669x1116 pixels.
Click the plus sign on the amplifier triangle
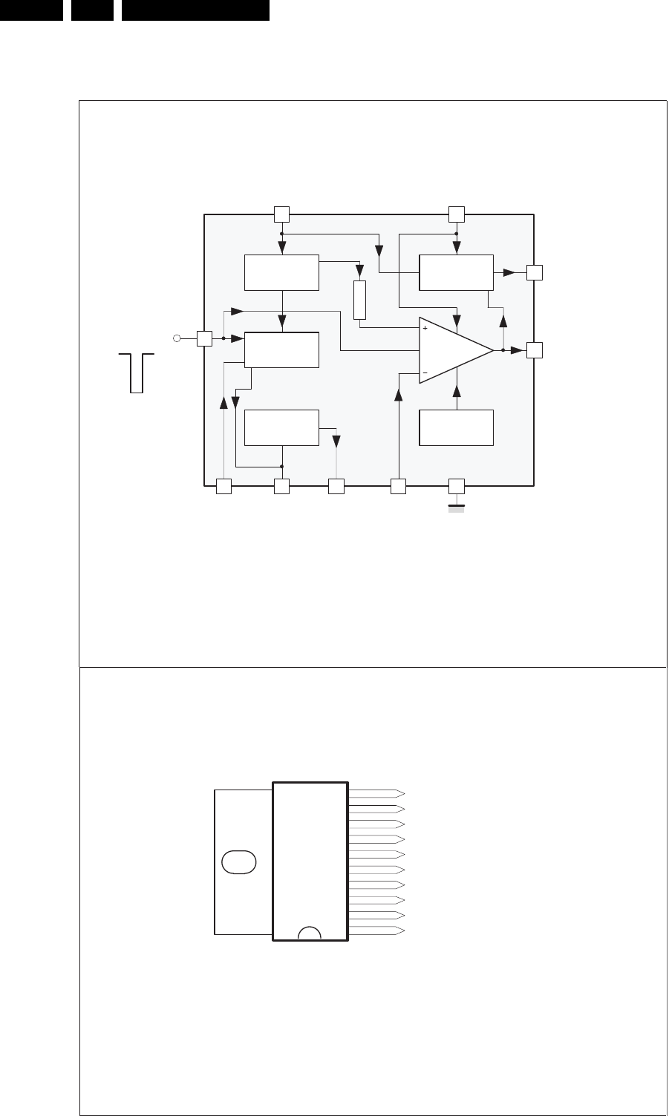tap(425, 327)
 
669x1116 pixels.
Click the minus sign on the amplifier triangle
tap(425, 372)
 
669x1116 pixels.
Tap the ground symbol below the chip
tap(457, 508)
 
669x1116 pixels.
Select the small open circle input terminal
tap(177, 338)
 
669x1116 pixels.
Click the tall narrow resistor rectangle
tap(361, 301)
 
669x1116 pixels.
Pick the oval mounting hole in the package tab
tap(239, 862)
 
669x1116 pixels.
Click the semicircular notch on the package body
tap(310, 933)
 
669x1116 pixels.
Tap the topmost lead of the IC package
tap(376, 793)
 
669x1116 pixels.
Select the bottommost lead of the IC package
tap(376, 930)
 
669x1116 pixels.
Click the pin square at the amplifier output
tap(535, 350)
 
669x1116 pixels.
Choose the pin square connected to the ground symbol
tap(457, 487)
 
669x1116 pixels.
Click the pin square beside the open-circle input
tap(205, 338)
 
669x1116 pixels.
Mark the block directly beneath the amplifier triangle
tap(456, 427)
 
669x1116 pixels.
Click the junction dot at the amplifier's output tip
tap(503, 350)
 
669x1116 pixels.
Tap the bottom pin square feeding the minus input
tap(399, 487)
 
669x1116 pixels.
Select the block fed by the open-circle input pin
tap(281, 349)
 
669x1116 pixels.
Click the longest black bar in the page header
tap(195, 10)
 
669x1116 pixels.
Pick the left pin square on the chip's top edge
tap(281, 214)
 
